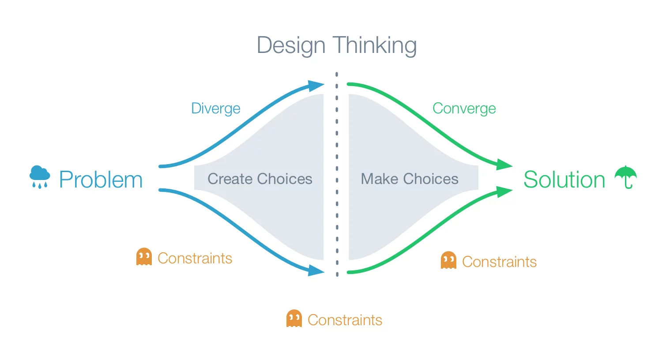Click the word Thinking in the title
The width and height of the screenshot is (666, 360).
coord(375,45)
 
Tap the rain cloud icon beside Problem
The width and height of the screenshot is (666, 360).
coord(40,176)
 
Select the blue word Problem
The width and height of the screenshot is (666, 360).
coord(101,180)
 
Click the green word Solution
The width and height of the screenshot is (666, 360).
coord(564,180)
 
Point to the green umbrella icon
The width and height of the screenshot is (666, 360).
coord(626,177)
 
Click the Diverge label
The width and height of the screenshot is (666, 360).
coord(215,109)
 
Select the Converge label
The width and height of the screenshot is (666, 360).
coord(464,109)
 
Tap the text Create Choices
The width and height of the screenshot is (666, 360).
coord(260,179)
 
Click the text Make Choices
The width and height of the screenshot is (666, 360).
coord(410,179)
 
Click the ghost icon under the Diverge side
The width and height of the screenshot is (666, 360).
coord(144,257)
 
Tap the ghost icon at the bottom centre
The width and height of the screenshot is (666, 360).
coord(294,319)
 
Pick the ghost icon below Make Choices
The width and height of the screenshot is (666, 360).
coord(448,260)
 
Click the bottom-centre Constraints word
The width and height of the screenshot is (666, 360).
coord(345,320)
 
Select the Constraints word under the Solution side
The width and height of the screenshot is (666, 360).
coord(499,262)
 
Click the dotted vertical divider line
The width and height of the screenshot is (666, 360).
coord(337,176)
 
